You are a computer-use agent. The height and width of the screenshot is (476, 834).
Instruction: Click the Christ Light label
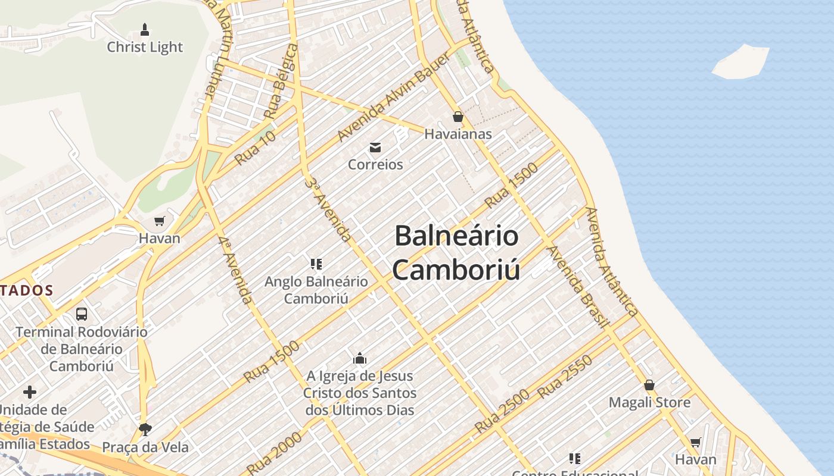click(x=145, y=47)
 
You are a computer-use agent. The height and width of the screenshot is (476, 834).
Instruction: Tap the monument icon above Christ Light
click(x=144, y=29)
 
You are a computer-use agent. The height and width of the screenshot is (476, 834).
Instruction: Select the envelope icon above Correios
click(x=375, y=147)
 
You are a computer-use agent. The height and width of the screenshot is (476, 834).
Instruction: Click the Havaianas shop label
click(x=458, y=134)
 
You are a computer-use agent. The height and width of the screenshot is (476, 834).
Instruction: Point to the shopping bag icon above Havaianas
click(x=458, y=117)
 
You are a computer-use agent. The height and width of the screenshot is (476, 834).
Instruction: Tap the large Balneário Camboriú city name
click(x=456, y=252)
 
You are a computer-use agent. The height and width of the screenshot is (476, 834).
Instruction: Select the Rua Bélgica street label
click(x=281, y=80)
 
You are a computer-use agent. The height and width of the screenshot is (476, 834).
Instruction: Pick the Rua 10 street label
click(x=255, y=148)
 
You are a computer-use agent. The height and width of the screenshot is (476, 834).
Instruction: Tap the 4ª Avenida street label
click(x=235, y=270)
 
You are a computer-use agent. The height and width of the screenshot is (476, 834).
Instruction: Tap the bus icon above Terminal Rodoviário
click(x=82, y=314)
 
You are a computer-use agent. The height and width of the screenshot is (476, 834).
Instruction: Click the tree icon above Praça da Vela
click(x=145, y=429)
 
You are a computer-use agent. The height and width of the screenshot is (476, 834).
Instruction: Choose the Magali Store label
click(x=649, y=402)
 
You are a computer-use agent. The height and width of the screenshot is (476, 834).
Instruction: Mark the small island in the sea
click(x=740, y=61)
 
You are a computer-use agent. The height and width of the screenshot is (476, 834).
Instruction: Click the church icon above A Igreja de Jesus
click(x=360, y=358)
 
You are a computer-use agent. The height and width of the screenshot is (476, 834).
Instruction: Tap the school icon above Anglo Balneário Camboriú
click(x=316, y=264)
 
